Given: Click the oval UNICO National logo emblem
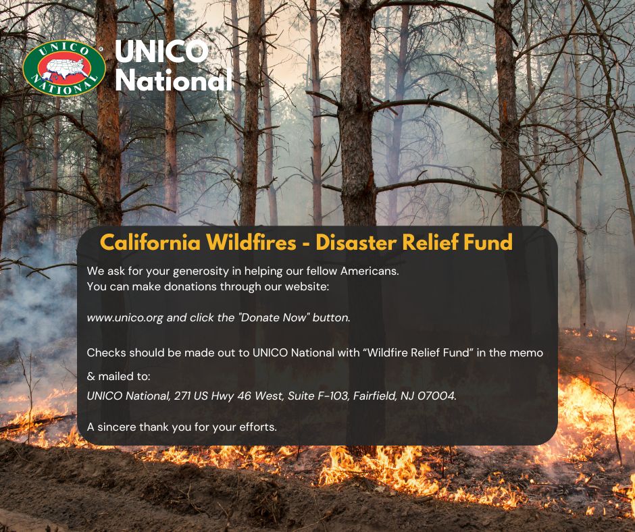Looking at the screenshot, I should point(63,68).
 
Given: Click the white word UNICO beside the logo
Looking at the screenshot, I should point(161,53).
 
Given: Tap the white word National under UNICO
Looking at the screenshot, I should point(174,80).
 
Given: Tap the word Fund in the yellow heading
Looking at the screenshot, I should point(488,242).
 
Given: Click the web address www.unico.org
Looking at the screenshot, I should point(125,317).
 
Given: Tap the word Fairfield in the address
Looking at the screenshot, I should point(372,396).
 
